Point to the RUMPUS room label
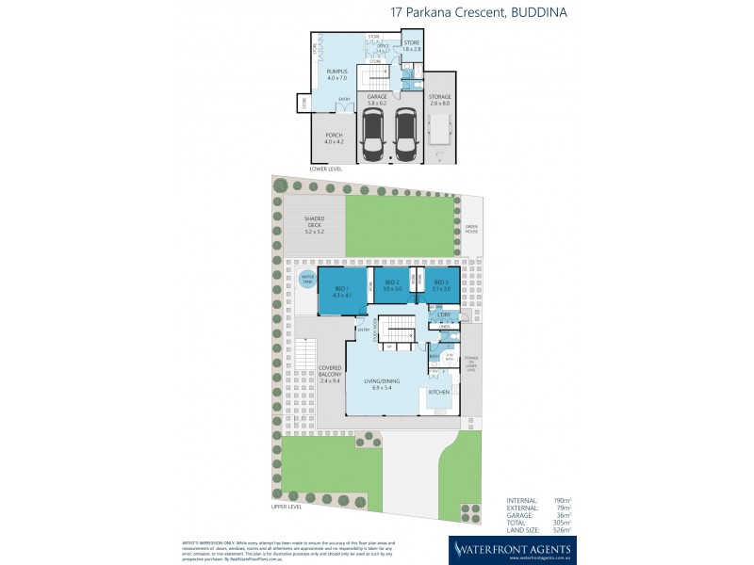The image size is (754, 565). point(336,74)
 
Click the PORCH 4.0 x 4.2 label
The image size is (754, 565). point(335,138)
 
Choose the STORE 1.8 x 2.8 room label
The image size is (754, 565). point(412,45)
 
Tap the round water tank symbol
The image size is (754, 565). point(306,278)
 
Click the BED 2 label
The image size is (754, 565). point(392,285)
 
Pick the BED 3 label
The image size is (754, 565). point(440,285)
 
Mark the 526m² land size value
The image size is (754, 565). point(563,529)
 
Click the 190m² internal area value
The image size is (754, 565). point(563,500)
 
